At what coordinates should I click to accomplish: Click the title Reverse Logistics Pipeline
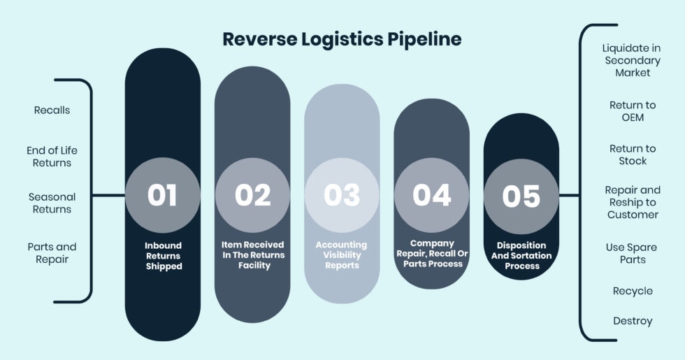tap(342, 39)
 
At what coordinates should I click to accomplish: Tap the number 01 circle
tap(162, 195)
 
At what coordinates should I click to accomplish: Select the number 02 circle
tap(252, 195)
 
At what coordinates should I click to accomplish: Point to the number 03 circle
tap(342, 195)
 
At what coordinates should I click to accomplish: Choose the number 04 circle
tap(431, 195)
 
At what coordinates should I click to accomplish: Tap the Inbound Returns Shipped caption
tap(163, 256)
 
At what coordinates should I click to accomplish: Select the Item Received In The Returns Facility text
tap(252, 255)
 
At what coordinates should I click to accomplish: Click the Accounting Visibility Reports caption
tap(341, 255)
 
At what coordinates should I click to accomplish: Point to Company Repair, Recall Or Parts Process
tap(431, 254)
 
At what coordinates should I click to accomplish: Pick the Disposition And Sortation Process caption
tap(521, 256)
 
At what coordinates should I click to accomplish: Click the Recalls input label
tap(52, 110)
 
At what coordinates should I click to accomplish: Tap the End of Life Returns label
tap(52, 157)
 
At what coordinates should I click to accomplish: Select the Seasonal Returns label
tap(52, 203)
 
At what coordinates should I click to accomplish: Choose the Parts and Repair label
tap(52, 253)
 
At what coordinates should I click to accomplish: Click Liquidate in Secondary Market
tap(633, 60)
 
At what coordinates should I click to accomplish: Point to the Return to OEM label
tap(633, 111)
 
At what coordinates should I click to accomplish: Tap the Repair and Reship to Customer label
tap(633, 202)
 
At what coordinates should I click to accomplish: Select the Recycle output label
tap(633, 291)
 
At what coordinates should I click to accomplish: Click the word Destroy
tap(633, 321)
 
